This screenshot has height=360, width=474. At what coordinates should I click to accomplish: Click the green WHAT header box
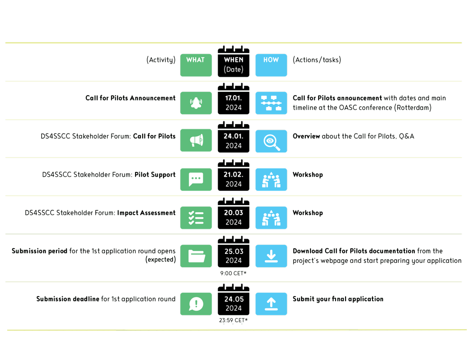196,65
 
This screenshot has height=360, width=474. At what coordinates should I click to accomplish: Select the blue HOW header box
271,65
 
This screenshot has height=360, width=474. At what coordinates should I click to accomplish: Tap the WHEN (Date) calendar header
234,64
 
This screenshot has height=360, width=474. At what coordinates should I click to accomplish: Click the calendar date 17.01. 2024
234,103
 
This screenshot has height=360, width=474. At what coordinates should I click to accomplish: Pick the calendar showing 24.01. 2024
234,141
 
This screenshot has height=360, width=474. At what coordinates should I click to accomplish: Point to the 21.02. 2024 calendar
234,179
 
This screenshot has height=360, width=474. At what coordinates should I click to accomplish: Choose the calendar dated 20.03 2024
234,217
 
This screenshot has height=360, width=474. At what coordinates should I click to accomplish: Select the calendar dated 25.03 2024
234,256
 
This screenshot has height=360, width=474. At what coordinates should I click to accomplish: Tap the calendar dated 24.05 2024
234,304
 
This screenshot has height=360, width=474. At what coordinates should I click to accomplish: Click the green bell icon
196,103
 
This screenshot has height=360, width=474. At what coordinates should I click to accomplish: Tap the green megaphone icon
196,141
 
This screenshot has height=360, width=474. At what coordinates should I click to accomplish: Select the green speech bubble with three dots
196,180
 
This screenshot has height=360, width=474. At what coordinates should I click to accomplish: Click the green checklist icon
196,218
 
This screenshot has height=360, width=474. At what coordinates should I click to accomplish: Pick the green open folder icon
196,256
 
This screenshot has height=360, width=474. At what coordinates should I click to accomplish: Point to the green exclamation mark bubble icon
196,304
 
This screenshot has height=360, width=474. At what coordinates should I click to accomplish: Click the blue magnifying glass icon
271,141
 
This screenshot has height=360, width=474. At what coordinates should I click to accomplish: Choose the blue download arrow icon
271,256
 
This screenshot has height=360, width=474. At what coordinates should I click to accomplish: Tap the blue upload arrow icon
271,304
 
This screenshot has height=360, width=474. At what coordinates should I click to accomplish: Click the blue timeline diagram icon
271,103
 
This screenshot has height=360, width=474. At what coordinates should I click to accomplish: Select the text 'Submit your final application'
338,299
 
